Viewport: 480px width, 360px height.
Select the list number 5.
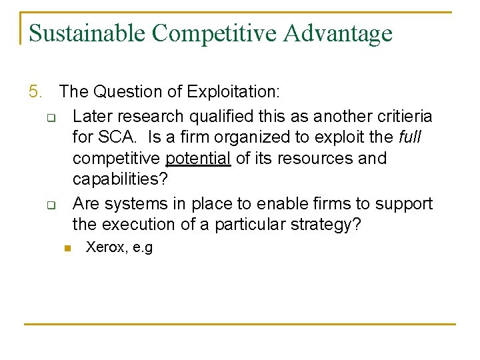35,91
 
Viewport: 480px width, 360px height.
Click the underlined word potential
198,159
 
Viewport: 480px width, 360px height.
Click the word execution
145,225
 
